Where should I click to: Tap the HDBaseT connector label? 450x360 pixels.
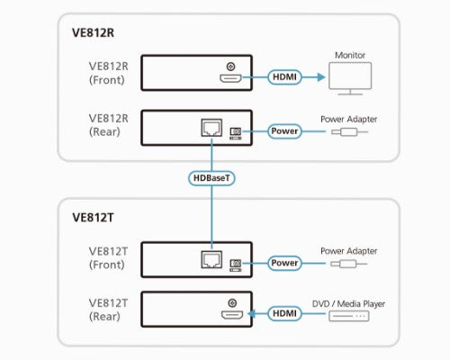(212, 178)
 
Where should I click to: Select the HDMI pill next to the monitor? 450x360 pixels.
(284, 77)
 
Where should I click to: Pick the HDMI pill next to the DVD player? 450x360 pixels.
(284, 313)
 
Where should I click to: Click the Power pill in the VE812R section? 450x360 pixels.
(284, 131)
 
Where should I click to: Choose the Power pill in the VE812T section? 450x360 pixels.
(284, 264)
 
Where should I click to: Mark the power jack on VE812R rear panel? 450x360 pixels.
(236, 131)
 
